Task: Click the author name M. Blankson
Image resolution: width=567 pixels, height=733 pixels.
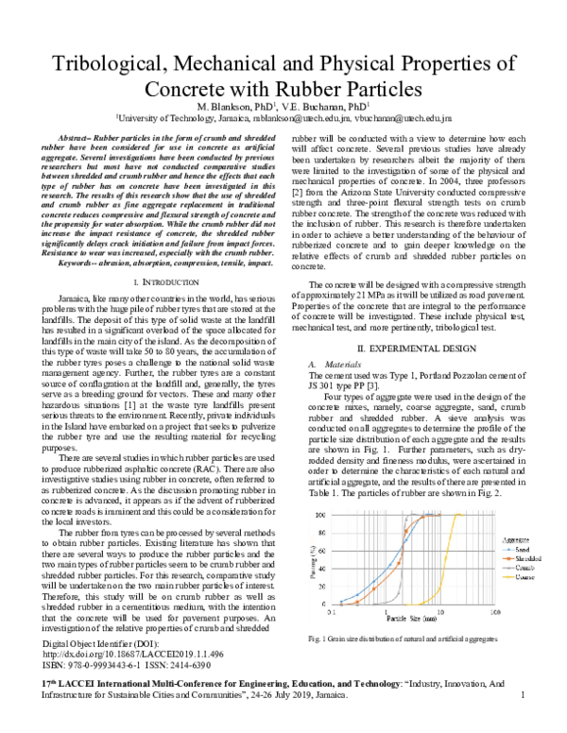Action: pos(222,108)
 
